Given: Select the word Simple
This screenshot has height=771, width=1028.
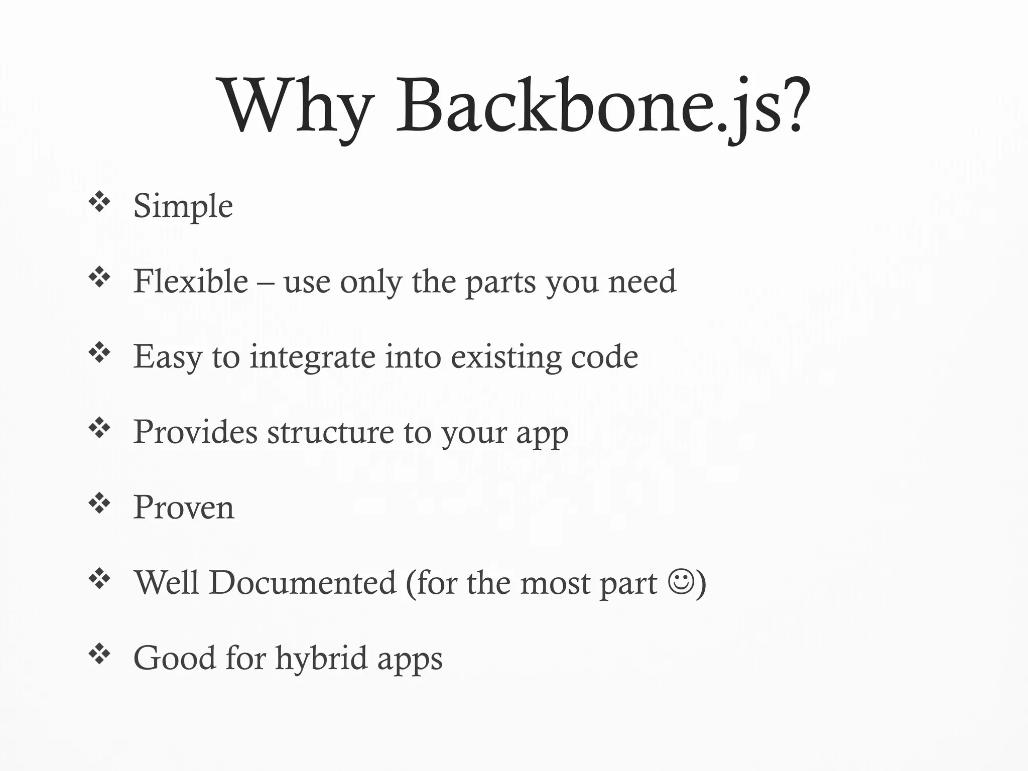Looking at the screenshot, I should click(183, 206).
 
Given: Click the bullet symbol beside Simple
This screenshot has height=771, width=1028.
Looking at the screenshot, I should click(99, 202).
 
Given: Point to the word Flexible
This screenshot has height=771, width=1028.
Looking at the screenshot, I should click(191, 281).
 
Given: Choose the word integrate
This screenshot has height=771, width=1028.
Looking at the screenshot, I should click(312, 357).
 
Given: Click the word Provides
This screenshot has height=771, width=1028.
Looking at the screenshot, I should click(195, 432).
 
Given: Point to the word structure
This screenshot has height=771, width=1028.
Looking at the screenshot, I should click(330, 432).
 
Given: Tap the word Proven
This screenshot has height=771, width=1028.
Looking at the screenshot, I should click(184, 507).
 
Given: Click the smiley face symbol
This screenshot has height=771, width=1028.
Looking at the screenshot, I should click(681, 581).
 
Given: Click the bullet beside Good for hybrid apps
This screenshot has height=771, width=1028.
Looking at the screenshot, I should click(99, 654).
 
